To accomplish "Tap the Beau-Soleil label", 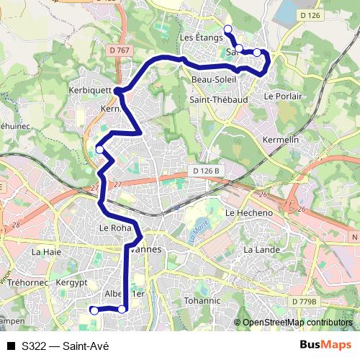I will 210,80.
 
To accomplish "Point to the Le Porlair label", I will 282,95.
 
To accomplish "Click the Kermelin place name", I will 281,138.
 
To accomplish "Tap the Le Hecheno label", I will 249,213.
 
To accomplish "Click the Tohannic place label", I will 202,300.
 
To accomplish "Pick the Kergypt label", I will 71,283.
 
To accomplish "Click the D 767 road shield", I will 123,50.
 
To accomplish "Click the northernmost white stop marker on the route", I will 228,29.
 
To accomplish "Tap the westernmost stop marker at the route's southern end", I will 93,310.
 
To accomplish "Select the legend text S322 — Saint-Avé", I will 65,346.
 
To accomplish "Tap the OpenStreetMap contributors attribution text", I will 297,323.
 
